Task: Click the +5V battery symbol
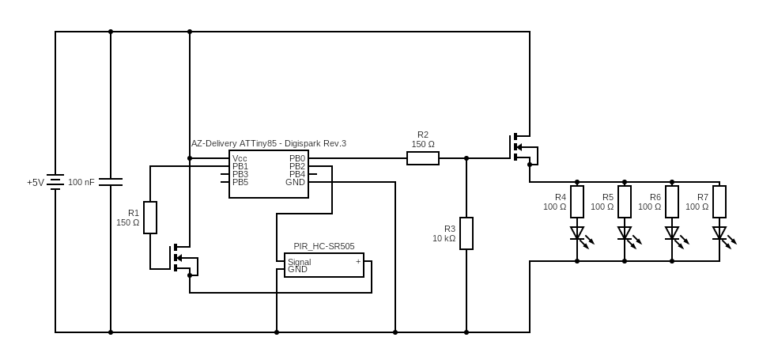[x=55, y=182]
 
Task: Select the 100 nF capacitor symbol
[x=111, y=182]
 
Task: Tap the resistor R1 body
[x=150, y=218]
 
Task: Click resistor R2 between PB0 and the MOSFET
[x=423, y=158]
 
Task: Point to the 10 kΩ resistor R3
[x=466, y=233]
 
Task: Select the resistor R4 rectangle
[x=577, y=202]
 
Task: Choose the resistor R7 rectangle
[x=719, y=202]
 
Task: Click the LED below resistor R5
[x=625, y=233]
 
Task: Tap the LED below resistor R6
[x=672, y=233]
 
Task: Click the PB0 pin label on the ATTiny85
[x=296, y=158]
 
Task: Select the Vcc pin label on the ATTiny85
[x=240, y=158]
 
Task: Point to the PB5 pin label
[x=240, y=182]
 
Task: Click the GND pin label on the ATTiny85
[x=295, y=182]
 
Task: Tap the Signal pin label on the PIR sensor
[x=299, y=262]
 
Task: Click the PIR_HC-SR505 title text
[x=324, y=246]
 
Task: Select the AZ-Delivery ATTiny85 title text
[x=269, y=143]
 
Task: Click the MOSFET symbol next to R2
[x=519, y=147]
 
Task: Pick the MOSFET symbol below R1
[x=179, y=257]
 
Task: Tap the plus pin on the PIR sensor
[x=358, y=261]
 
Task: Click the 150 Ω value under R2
[x=423, y=144]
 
